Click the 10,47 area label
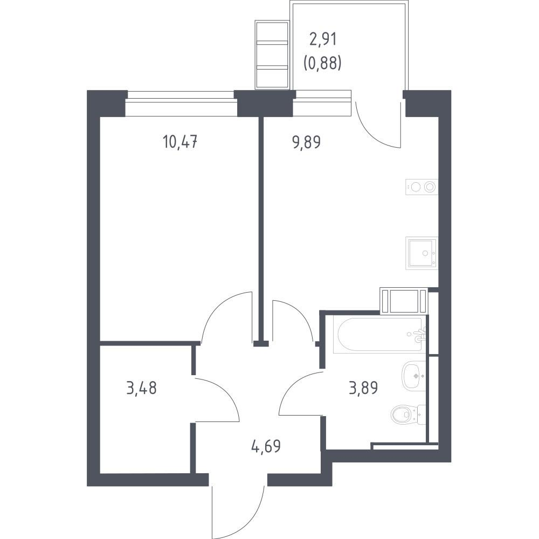(x=181, y=142)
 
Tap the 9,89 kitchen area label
(x=307, y=142)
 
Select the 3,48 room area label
(x=142, y=388)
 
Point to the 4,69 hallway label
(x=266, y=446)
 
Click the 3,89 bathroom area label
(x=363, y=388)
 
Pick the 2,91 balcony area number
(x=323, y=39)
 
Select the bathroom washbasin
(x=414, y=376)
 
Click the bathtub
(x=380, y=335)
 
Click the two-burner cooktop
(x=422, y=187)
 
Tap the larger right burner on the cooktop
(x=430, y=187)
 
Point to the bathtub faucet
(x=419, y=335)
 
